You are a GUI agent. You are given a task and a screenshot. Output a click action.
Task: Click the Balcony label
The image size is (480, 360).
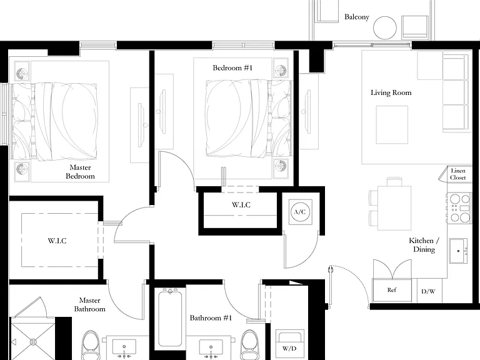click(357, 17)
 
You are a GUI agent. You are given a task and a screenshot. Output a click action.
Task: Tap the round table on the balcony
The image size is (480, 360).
click(385, 28)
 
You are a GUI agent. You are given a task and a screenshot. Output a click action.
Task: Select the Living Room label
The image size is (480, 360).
click(391, 92)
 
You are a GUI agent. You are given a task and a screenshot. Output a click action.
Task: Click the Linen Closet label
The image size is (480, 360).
click(457, 174)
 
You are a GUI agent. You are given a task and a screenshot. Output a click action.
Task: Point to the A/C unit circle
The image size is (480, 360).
click(300, 212)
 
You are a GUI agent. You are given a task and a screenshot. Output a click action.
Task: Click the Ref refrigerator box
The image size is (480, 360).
click(392, 290)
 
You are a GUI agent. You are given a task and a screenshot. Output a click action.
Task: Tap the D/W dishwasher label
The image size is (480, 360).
click(428, 291)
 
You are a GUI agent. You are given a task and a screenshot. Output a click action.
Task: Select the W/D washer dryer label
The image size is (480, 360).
click(289, 348)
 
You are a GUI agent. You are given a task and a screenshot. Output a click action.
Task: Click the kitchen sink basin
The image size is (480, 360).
click(458, 251)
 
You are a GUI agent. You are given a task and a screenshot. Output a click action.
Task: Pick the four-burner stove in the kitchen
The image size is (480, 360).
click(459, 208)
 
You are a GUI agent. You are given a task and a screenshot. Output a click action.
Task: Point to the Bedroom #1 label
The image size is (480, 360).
click(232, 67)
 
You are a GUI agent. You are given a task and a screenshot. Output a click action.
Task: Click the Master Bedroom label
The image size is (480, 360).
click(80, 172)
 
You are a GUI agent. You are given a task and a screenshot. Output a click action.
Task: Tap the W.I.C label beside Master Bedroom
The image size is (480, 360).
click(57, 241)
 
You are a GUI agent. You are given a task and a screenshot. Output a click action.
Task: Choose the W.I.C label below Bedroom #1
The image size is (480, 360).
click(241, 205)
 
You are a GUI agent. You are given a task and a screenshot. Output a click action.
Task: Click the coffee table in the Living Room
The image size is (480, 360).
click(392, 124)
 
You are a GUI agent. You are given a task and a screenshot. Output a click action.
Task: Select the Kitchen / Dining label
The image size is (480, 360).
click(424, 245)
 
